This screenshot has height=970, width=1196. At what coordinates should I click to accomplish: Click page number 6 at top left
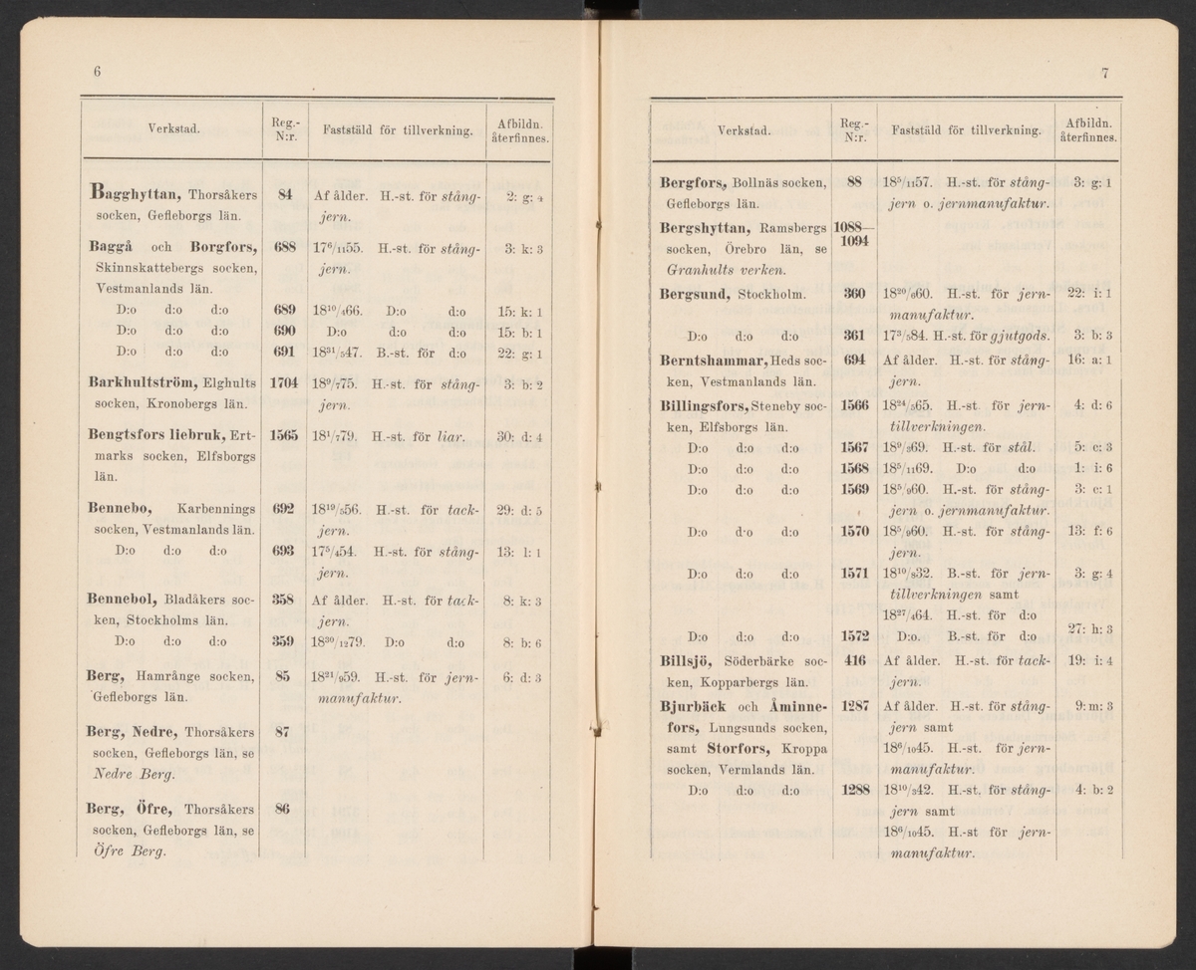pyautogui.click(x=98, y=72)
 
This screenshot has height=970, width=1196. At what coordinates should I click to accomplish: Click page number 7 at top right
pyautogui.click(x=1105, y=73)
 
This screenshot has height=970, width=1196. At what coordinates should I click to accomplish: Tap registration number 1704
pyautogui.click(x=284, y=381)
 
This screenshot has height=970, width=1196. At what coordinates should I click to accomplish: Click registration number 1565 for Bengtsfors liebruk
pyautogui.click(x=284, y=435)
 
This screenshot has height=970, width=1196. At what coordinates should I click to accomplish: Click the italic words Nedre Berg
pyautogui.click(x=126, y=773)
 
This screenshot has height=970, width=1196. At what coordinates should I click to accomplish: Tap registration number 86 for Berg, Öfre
pyautogui.click(x=283, y=809)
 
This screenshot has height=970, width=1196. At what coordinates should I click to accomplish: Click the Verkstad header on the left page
pyautogui.click(x=170, y=128)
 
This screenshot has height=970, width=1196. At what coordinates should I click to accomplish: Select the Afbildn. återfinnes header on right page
pyautogui.click(x=1089, y=129)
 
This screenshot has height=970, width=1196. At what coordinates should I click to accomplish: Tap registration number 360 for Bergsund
pyautogui.click(x=853, y=294)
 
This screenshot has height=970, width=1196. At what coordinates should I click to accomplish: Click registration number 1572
pyautogui.click(x=854, y=635)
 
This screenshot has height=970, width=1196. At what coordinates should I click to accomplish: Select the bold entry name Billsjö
pyautogui.click(x=686, y=660)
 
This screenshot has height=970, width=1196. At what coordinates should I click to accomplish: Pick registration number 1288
pyautogui.click(x=853, y=791)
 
